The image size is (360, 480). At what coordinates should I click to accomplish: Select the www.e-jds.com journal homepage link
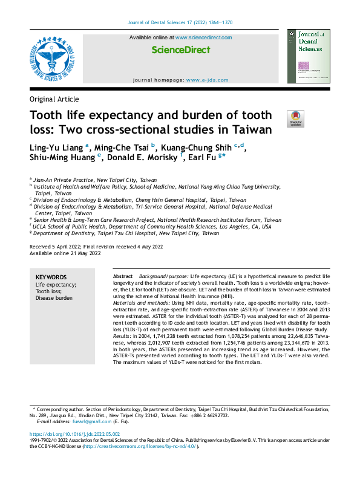click(x=208, y=80)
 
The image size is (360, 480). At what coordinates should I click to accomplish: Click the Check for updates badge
click(x=295, y=118)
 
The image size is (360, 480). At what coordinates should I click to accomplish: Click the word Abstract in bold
click(x=123, y=276)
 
